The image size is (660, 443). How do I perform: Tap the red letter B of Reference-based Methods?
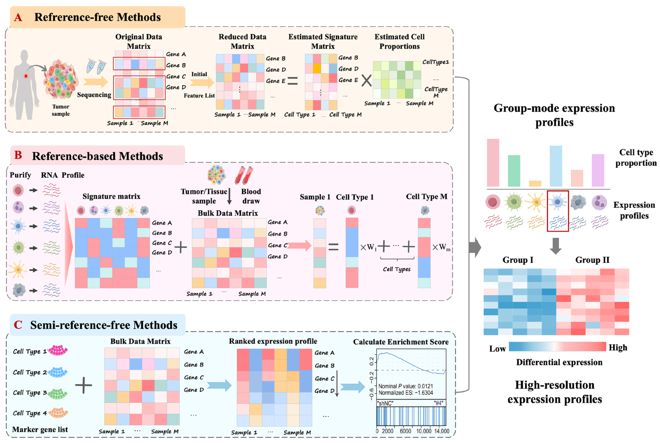coord(18,155)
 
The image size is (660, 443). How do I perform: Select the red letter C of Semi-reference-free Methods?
coord(18,325)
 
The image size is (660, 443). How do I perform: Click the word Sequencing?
coord(94,95)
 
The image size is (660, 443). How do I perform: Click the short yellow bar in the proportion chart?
coord(535,183)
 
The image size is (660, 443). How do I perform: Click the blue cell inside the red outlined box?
coord(557,202)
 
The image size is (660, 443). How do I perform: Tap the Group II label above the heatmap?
coord(592,260)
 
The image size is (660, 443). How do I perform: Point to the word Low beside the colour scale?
coord(497,349)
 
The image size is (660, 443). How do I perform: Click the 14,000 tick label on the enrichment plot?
coord(441,431)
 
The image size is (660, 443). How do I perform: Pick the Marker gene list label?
coord(40,429)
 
